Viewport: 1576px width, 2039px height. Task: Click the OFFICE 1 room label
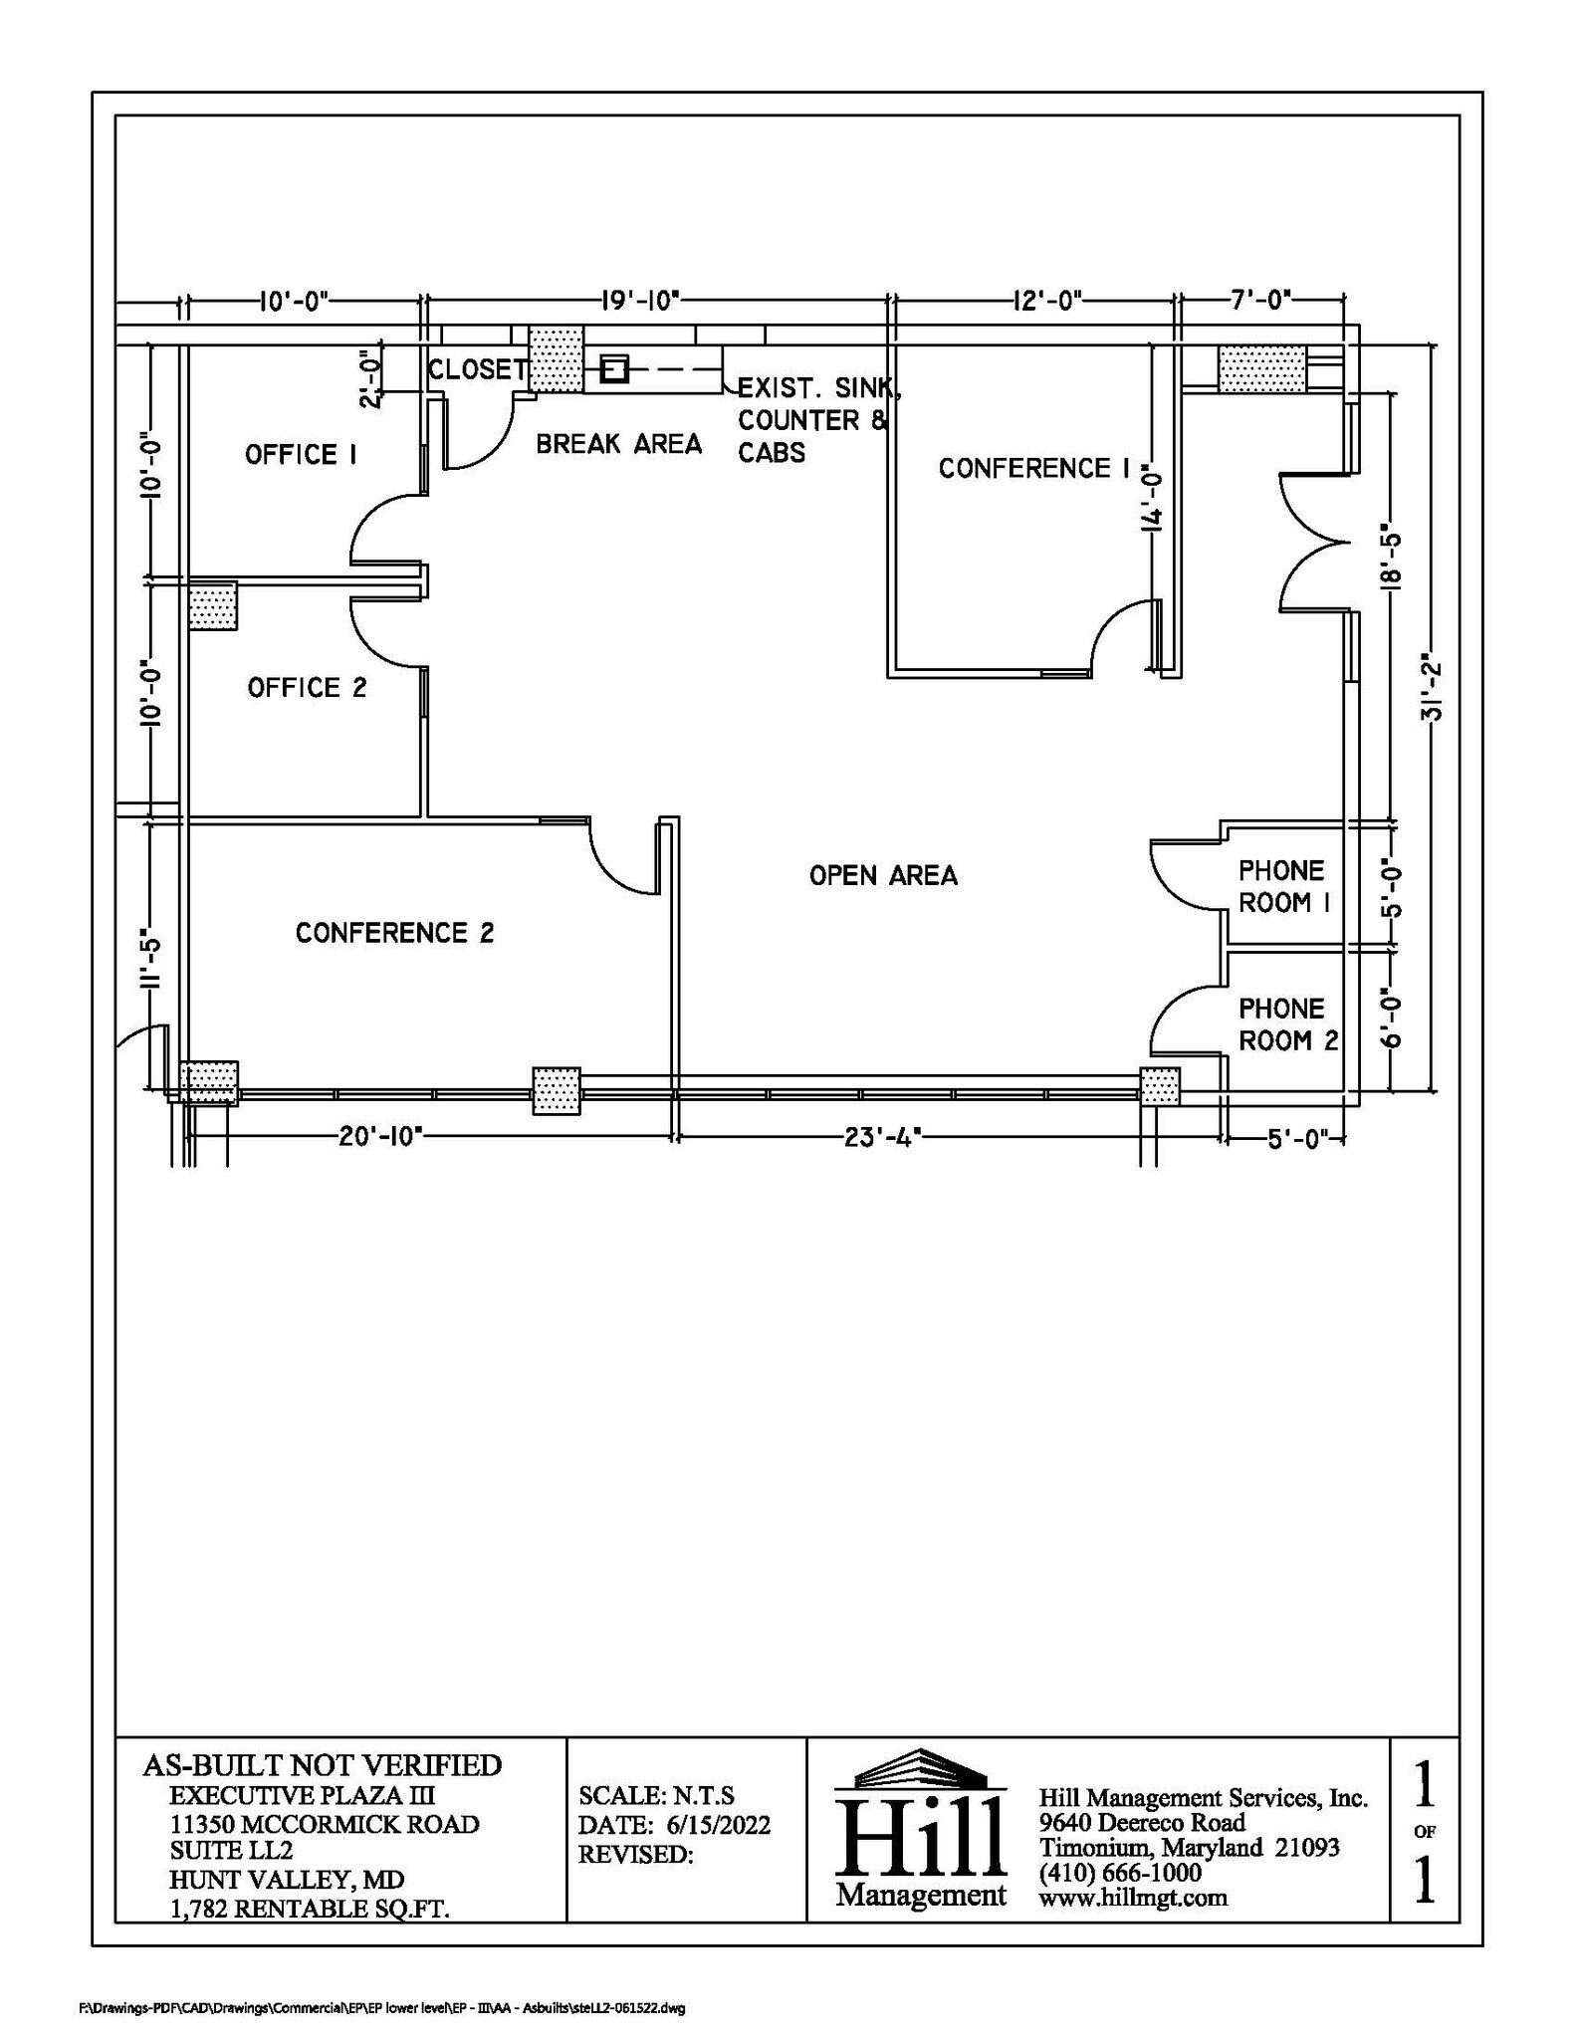(301, 455)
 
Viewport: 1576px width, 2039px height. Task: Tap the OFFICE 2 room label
(307, 688)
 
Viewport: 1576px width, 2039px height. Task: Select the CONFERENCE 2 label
(394, 933)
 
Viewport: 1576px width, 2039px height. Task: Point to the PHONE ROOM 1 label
(1283, 887)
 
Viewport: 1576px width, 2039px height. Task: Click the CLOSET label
(478, 369)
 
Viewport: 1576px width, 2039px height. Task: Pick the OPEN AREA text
(883, 876)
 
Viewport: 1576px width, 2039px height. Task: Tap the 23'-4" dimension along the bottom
(880, 1137)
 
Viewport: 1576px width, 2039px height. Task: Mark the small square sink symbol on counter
(613, 370)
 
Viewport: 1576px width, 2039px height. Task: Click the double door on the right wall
(1312, 544)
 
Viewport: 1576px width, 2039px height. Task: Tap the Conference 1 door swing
(1125, 637)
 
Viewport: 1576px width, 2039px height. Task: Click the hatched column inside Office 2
(213, 605)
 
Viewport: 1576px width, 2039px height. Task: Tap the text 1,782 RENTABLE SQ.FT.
(310, 1909)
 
